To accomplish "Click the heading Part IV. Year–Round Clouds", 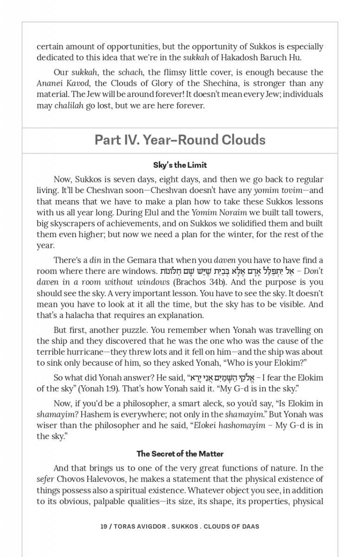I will tap(180, 140).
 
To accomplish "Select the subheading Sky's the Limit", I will tap(180, 165).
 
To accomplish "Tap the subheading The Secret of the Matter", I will tap(180, 454).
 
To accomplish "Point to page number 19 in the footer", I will tap(103, 526).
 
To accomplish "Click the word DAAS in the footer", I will tap(250, 526).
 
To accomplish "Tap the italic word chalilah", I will tap(69, 105).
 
